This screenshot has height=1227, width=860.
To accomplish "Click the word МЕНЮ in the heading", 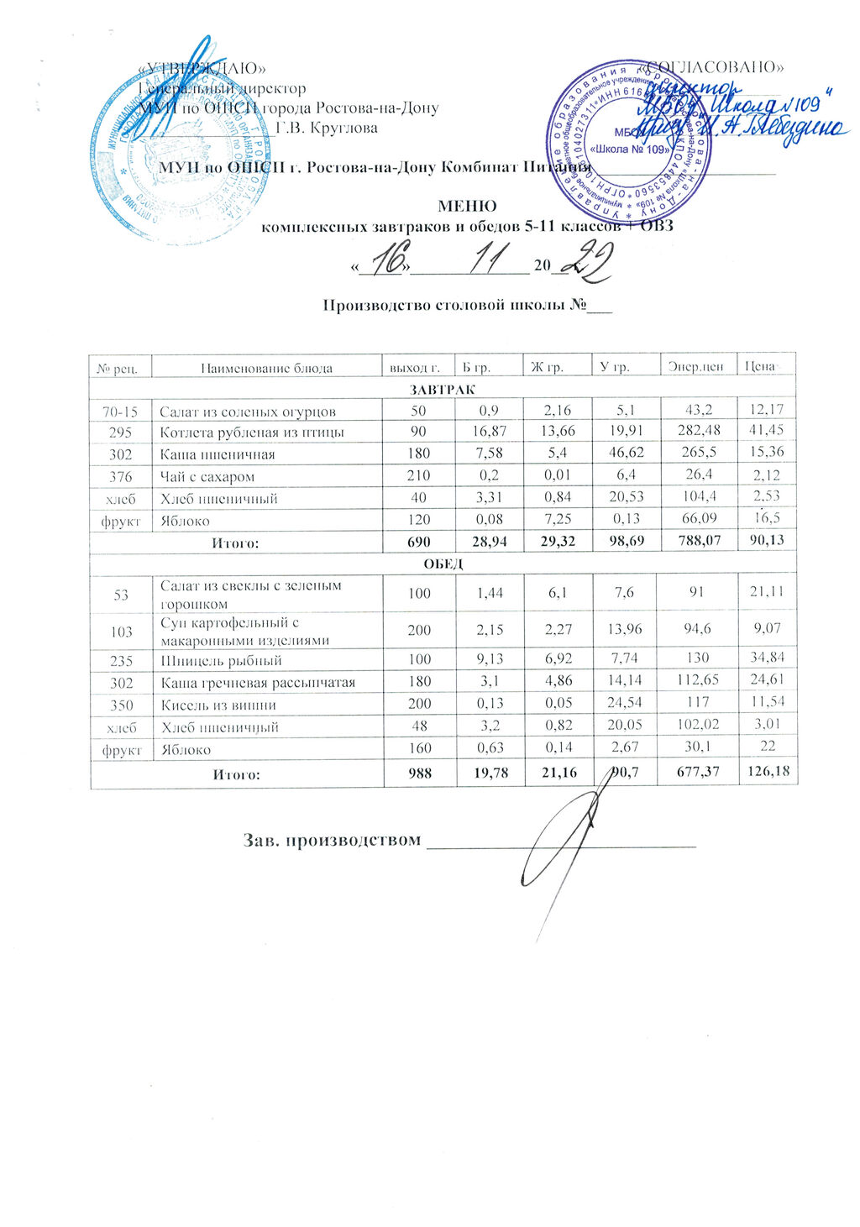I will pos(467,206).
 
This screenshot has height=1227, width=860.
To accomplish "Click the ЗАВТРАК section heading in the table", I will pos(442,390).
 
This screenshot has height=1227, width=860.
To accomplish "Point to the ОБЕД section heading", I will pos(442,564).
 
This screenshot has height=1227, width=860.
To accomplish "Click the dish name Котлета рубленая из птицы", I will pos(253,433).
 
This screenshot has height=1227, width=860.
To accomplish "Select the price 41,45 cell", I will pos(766,431).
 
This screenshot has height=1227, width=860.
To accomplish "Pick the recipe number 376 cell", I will pos(121,476).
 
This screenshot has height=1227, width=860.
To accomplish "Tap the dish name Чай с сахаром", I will pos(207,476).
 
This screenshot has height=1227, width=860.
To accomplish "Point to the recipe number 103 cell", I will pos(121,631).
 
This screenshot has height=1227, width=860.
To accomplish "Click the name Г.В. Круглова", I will pos(327,128).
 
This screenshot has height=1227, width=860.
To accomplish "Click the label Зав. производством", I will pos(331,840).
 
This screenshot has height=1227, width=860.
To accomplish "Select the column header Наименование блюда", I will pos(266,368).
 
